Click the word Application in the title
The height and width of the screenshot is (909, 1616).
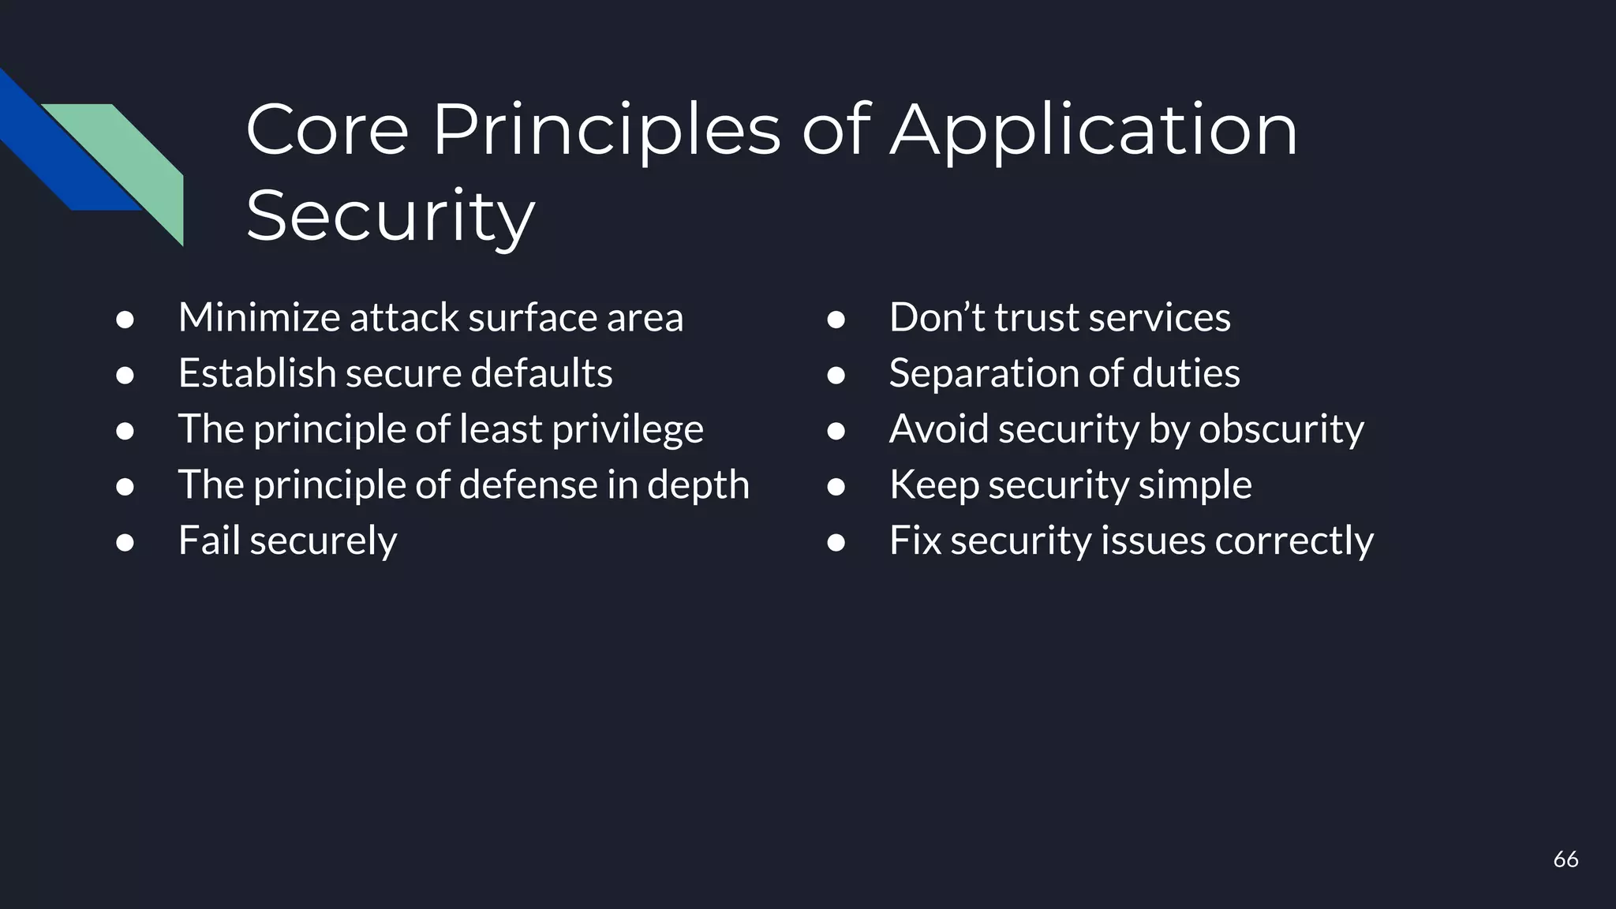1094,131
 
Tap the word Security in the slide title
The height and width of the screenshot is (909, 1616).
391,215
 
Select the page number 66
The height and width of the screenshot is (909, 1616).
1565,859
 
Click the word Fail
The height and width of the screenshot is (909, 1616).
208,541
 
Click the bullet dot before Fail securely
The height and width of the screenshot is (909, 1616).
125,542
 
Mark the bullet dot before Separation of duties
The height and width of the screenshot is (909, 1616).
836,375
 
